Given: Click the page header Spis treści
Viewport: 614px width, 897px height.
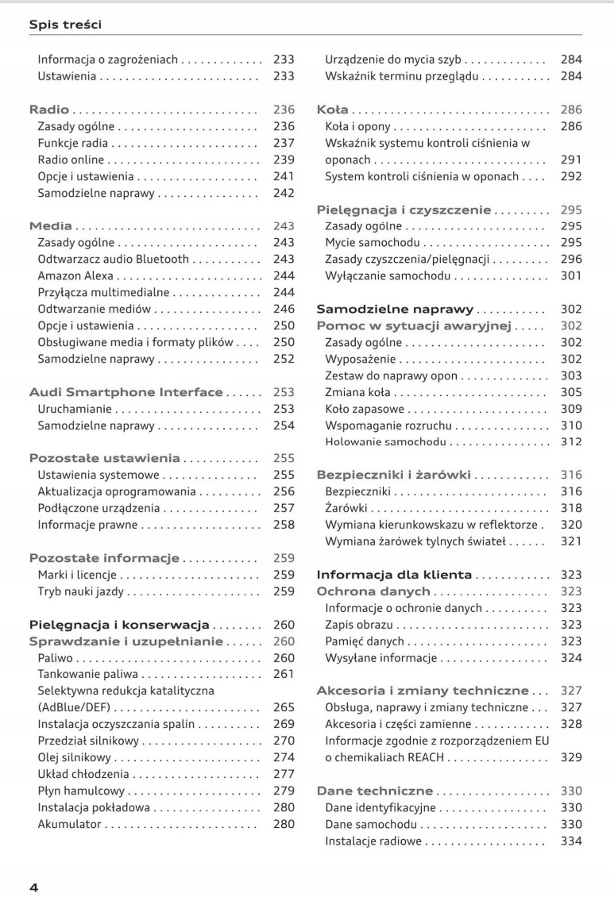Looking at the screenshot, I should (65, 25).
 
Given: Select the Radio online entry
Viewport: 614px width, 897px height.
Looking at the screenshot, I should (71, 160).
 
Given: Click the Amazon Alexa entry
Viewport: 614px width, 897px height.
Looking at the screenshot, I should (75, 276).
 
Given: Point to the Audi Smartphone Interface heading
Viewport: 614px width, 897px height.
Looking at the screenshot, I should (126, 392).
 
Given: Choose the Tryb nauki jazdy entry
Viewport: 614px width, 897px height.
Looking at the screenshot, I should (81, 591).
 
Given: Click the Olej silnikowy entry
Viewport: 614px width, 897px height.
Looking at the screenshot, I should (75, 757).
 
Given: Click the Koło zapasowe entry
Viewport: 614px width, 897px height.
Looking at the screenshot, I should (365, 409).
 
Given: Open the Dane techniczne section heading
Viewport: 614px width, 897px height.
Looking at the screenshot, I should (375, 791).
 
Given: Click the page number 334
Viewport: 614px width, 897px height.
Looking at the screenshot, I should (571, 841).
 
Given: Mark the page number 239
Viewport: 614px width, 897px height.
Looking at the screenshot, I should (284, 160).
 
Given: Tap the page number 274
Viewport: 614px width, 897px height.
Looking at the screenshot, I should (284, 757).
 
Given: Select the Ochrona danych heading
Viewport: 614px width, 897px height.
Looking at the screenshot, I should (373, 591).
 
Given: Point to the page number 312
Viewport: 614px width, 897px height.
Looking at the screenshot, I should (571, 442).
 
